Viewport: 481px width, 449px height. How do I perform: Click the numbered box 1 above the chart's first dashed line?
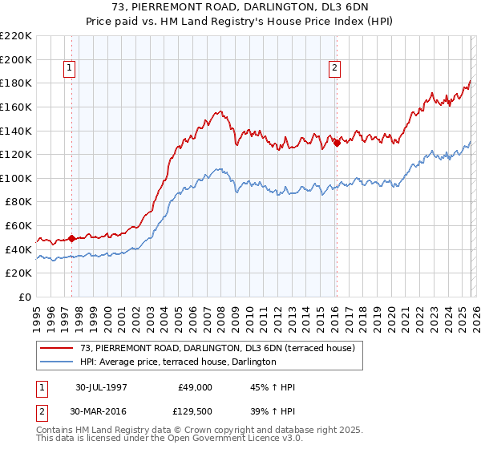coord(71,69)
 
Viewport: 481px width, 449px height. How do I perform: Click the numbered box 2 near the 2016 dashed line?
coord(333,69)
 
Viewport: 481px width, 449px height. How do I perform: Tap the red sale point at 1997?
coord(72,238)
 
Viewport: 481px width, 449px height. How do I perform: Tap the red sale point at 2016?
coord(337,143)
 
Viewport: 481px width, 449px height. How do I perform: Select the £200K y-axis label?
coord(17,59)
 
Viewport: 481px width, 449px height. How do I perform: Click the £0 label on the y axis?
coord(25,297)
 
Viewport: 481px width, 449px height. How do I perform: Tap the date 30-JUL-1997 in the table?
coord(107,386)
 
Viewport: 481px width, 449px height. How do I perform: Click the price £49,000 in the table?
coord(195,386)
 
